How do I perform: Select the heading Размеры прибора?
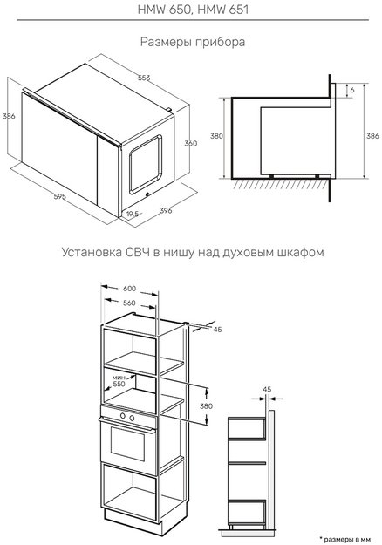190,42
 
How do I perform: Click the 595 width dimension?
35,197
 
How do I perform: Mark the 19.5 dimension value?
132,214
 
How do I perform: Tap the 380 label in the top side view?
218,137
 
